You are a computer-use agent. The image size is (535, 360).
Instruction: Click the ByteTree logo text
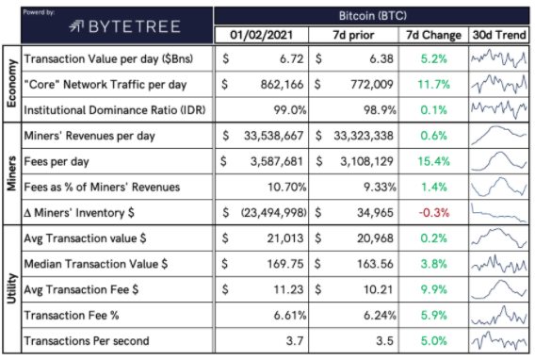click(x=135, y=26)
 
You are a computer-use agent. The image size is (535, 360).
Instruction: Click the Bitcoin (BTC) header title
click(x=373, y=16)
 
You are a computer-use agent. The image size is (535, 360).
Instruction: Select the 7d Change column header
click(x=433, y=35)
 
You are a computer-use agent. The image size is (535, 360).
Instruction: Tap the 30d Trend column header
click(x=499, y=35)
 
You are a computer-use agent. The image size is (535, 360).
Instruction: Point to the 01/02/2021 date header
click(x=261, y=35)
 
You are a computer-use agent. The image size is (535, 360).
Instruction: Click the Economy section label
click(x=11, y=84)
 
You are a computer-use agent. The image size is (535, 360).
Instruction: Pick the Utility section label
click(x=11, y=288)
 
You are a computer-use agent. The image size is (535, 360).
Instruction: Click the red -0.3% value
click(x=434, y=213)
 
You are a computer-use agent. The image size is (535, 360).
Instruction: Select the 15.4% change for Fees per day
click(x=433, y=161)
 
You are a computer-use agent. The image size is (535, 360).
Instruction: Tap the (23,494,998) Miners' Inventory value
click(x=274, y=213)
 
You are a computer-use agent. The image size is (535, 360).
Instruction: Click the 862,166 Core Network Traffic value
click(x=282, y=85)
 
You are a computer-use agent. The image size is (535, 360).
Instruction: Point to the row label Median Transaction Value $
click(x=96, y=264)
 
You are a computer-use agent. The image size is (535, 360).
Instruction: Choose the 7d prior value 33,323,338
click(x=364, y=136)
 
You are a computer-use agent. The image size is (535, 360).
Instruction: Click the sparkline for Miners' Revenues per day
click(x=499, y=135)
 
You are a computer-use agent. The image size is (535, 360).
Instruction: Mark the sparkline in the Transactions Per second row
click(x=499, y=340)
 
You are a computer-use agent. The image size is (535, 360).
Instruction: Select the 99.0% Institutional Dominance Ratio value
click(x=290, y=110)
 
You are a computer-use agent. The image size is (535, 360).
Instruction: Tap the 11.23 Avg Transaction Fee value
click(x=288, y=289)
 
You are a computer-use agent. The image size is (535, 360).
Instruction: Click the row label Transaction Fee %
click(x=72, y=316)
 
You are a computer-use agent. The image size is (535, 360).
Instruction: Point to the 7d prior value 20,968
click(x=375, y=238)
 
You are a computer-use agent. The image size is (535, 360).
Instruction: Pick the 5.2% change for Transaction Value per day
click(x=433, y=59)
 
